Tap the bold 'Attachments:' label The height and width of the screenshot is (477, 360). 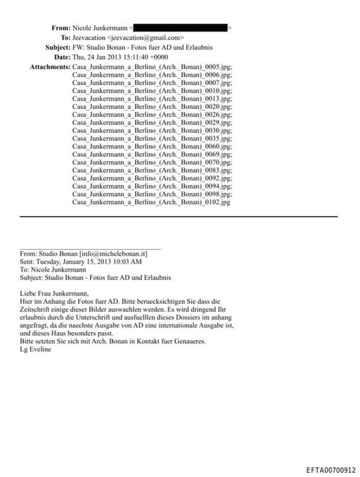tap(50, 66)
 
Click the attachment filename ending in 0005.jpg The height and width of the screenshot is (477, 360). tap(152, 66)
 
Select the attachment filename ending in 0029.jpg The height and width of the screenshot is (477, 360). tap(152, 122)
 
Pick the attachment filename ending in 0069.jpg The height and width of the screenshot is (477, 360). tap(152, 154)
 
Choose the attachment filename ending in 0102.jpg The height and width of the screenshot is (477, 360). tap(151, 202)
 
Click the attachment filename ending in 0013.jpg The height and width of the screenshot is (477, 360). tap(152, 98)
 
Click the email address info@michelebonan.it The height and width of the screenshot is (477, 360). tap(114, 253)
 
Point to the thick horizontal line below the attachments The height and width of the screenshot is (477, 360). tap(179, 216)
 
